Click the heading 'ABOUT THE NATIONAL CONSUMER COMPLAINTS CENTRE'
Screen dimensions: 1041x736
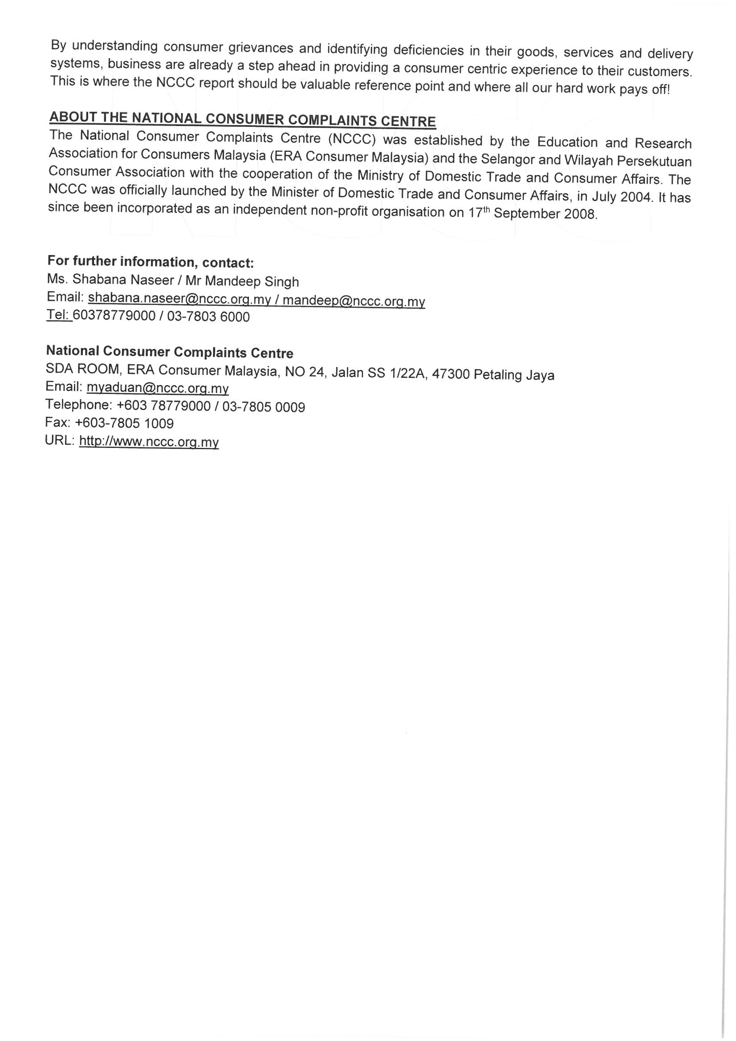pos(243,119)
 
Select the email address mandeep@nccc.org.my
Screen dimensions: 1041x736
pos(354,301)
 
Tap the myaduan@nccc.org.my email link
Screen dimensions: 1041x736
pos(157,388)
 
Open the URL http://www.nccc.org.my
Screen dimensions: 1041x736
pos(149,442)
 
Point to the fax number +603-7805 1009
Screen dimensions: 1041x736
pos(124,423)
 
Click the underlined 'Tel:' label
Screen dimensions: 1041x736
pos(59,315)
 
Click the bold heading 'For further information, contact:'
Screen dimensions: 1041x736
pos(150,262)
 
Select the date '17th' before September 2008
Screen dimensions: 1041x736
pos(479,213)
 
